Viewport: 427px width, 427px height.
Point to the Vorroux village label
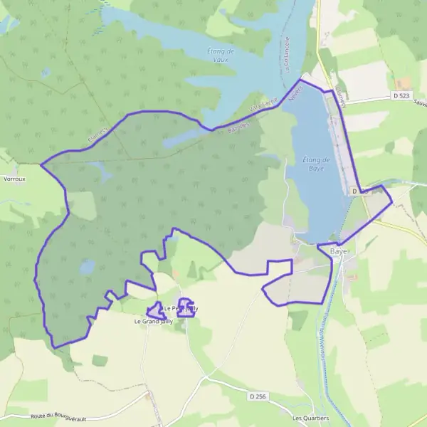14,179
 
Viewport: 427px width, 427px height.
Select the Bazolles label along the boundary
238,121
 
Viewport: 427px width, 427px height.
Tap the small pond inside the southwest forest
87,267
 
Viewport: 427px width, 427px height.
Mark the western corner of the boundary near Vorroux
41,165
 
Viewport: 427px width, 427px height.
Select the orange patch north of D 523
404,83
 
